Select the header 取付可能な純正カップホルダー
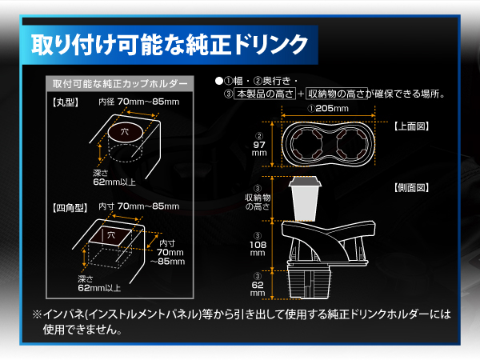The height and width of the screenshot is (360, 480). [120, 84]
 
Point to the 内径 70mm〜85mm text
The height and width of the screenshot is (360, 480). [138, 102]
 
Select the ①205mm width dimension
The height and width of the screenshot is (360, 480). [328, 108]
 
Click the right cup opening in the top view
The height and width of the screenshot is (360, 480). [351, 146]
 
